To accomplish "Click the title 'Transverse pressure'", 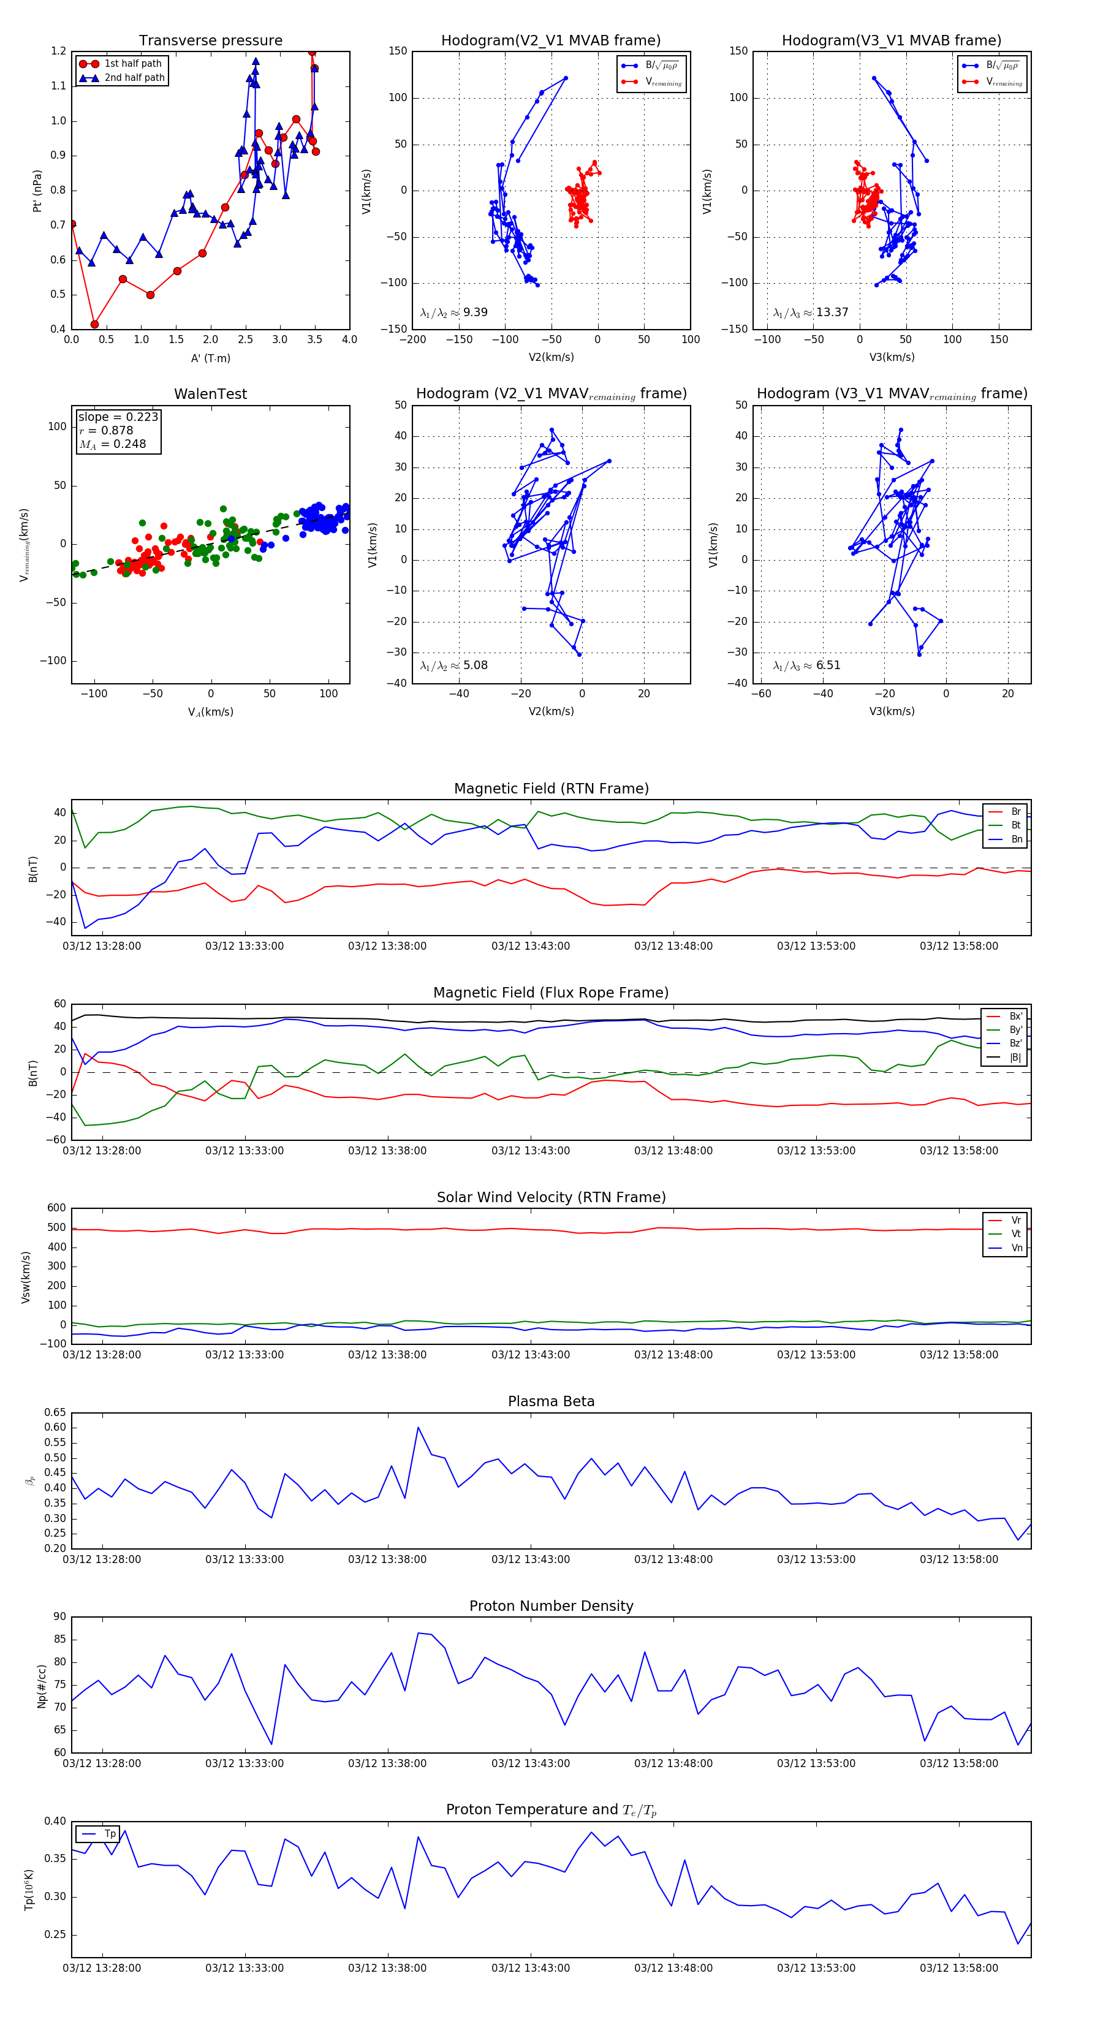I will [x=210, y=41].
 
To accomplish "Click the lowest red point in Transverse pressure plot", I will [x=95, y=324].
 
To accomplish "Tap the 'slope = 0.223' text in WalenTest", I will [x=118, y=417].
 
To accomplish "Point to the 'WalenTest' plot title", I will [x=210, y=394].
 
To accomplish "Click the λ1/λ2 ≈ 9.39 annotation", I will [x=453, y=312].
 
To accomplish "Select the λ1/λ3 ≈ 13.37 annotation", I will [x=810, y=312].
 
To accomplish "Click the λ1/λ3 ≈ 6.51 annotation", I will [x=806, y=665].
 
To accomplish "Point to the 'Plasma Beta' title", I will [x=551, y=1402].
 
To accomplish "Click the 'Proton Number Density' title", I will [x=551, y=1606].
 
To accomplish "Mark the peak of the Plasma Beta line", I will [x=419, y=1428].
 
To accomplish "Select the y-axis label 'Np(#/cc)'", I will [x=42, y=1686].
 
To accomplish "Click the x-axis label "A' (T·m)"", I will [x=210, y=358].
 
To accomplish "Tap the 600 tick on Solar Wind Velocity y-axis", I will [x=56, y=1208].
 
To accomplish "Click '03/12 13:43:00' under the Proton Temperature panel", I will [x=531, y=1968].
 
